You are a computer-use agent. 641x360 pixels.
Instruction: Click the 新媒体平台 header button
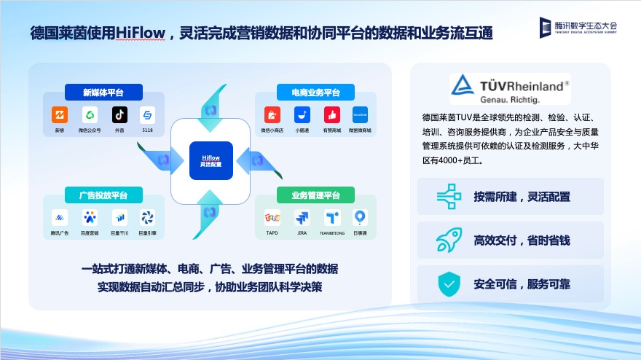[103, 93]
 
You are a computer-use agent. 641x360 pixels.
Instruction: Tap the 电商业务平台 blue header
[315, 93]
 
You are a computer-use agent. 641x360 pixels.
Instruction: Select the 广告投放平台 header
[103, 195]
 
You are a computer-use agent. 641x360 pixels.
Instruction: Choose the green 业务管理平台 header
[315, 195]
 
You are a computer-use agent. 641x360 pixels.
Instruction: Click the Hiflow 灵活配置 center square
[211, 160]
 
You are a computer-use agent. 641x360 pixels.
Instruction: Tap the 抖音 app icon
[119, 115]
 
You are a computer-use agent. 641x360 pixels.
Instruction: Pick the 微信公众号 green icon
[90, 115]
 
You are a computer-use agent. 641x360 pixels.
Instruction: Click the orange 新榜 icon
[60, 115]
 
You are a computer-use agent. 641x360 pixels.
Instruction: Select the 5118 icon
[148, 115]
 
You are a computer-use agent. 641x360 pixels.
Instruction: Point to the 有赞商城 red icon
[332, 115]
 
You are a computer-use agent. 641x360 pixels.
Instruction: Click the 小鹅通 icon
[302, 115]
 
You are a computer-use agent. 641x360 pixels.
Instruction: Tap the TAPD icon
[272, 217]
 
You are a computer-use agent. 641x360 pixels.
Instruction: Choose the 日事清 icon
[360, 217]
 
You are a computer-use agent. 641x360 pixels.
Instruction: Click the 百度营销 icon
[90, 217]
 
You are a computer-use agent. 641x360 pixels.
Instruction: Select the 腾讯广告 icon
[60, 217]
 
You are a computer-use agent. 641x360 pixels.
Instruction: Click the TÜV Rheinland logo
[509, 88]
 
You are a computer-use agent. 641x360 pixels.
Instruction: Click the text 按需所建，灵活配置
[522, 197]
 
